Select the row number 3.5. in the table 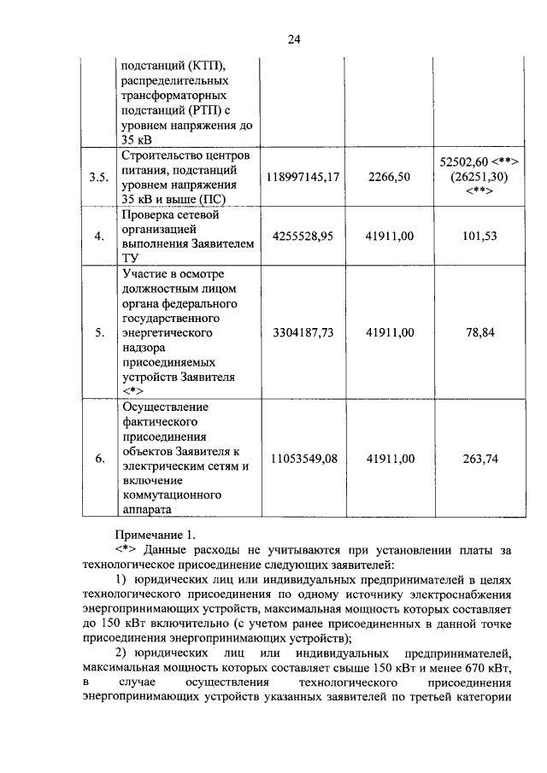click(x=99, y=177)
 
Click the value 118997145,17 click(x=303, y=177)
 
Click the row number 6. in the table click(x=99, y=459)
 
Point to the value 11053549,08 click(x=303, y=459)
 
